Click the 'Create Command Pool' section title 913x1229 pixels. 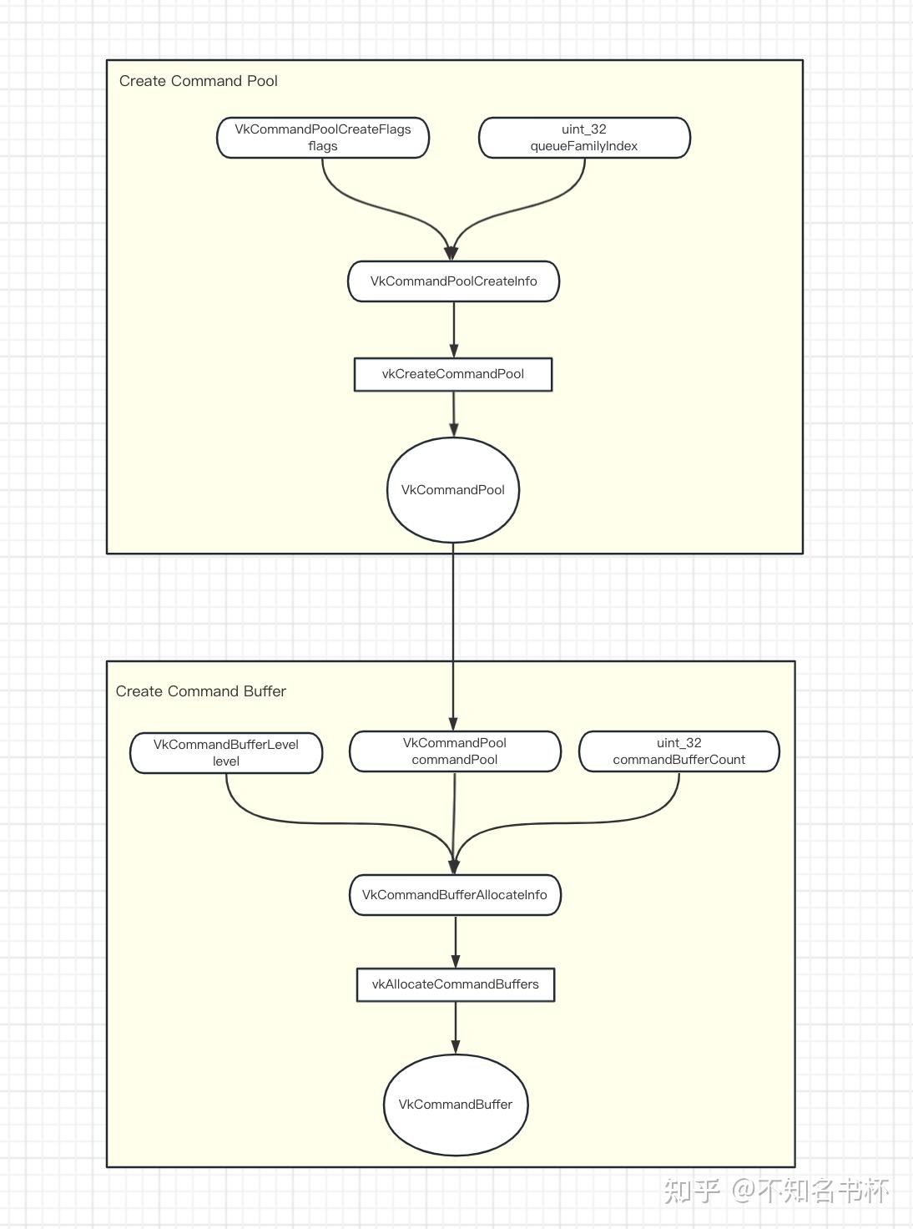pos(198,81)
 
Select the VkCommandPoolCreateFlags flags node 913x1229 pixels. pos(323,138)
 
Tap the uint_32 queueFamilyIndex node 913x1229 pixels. pos(584,138)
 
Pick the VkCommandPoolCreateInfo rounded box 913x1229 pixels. pos(453,281)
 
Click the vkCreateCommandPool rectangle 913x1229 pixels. pos(453,374)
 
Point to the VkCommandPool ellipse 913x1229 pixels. pos(453,490)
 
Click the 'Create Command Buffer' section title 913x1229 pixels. pos(200,691)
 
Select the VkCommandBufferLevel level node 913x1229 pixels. pos(226,753)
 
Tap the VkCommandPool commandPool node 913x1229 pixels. pos(455,751)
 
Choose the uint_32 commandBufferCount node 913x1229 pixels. pos(679,751)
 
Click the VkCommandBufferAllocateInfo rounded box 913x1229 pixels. pos(455,895)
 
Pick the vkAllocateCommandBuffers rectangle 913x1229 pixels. pos(456,984)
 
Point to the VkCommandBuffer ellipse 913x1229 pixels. pos(456,1105)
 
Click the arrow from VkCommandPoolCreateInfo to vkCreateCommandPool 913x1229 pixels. pos(454,329)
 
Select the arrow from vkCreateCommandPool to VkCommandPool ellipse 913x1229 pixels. pos(454,413)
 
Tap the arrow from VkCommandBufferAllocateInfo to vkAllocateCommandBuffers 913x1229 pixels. pos(456,941)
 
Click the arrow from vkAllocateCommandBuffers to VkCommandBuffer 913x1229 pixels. pos(456,1027)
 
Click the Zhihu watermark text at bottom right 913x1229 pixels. pos(776,1190)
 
